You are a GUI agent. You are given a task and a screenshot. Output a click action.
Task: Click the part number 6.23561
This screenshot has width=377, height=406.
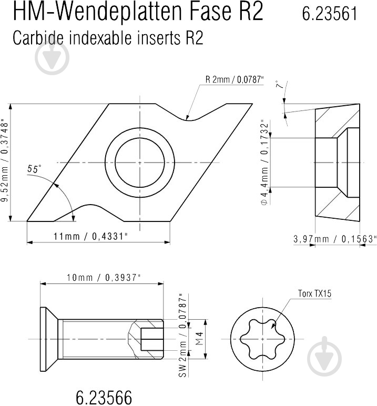click(330, 14)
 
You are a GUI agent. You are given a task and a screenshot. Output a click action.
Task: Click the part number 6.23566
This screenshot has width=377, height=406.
click(104, 397)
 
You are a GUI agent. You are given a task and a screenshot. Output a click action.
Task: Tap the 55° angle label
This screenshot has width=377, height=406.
click(34, 169)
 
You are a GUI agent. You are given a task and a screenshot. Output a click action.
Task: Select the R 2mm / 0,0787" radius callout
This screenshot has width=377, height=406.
click(235, 80)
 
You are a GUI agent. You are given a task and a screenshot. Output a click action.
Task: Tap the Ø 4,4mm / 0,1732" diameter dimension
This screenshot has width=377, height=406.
click(265, 162)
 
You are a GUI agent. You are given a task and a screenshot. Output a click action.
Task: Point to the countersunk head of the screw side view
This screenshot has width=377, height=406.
click(48, 339)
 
